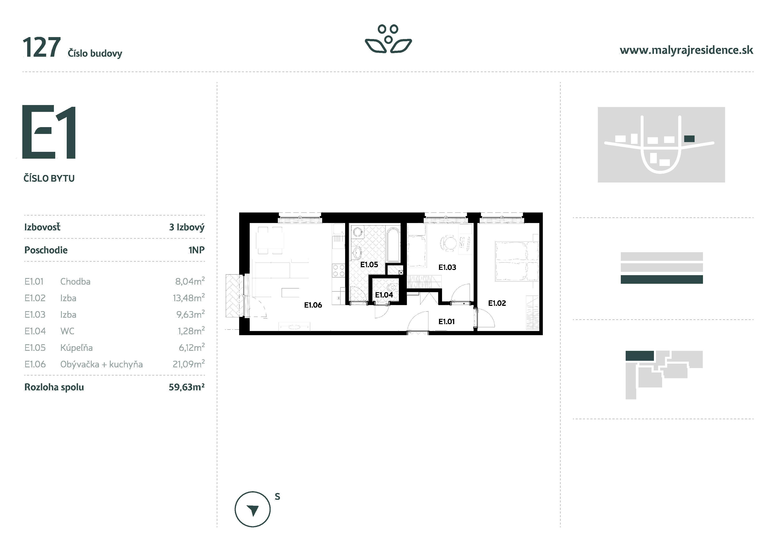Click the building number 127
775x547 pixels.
coord(41,48)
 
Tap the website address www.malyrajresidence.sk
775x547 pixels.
coord(686,50)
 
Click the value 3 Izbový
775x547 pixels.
coord(187,227)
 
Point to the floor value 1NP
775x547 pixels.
coord(196,250)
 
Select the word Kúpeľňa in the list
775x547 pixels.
coord(76,348)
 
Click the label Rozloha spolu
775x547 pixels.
coord(54,387)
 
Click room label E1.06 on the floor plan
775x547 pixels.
coord(313,305)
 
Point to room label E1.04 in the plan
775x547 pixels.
coord(384,295)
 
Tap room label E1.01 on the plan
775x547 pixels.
coord(446,321)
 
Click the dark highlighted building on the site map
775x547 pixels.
coord(689,139)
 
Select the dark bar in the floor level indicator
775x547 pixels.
coord(662,279)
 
